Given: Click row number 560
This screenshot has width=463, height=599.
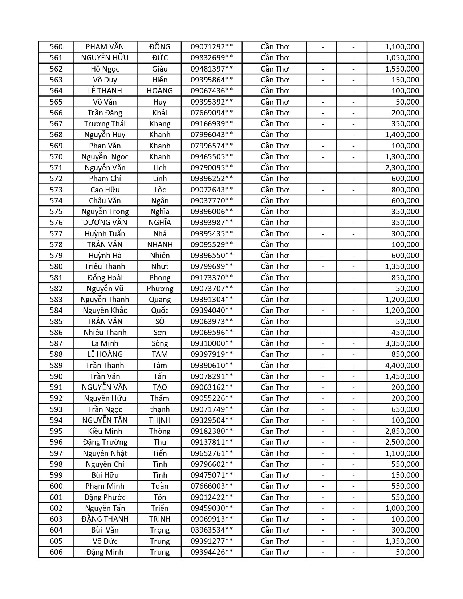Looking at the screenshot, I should click(56, 47).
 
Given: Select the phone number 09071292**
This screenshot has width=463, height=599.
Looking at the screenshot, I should click(212, 47).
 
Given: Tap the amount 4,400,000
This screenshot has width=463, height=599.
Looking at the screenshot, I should click(402, 366).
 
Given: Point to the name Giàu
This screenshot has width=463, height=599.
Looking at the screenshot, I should click(160, 69).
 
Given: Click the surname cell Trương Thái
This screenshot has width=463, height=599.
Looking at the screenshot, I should click(105, 124).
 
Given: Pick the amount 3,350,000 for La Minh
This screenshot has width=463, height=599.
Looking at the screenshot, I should click(402, 343).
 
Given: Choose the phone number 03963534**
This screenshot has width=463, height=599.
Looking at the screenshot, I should click(212, 530).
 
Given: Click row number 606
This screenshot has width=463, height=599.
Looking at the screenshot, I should click(56, 552).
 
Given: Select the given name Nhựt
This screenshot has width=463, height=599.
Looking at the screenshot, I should click(160, 266).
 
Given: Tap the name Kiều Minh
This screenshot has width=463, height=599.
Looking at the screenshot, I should click(105, 431).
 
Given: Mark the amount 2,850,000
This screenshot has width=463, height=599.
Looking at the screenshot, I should click(402, 431).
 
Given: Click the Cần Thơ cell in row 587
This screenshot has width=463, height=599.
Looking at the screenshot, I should click(275, 343).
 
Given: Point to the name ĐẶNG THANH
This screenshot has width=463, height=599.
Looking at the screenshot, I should click(105, 519).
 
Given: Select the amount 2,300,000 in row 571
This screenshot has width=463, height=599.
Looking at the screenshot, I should click(402, 168).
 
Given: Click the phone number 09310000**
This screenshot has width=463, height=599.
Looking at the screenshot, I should click(212, 343).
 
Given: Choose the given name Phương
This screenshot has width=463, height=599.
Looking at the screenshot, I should click(160, 289).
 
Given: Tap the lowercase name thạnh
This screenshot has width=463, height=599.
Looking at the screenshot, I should click(160, 409).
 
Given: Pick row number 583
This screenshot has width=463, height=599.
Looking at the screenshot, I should click(56, 299).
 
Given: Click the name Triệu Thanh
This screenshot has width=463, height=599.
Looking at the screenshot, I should click(105, 266).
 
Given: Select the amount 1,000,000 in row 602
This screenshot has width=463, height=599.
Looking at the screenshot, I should click(402, 508).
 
